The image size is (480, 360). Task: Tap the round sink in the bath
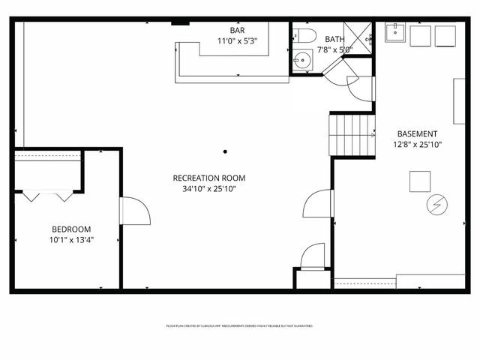(302, 60)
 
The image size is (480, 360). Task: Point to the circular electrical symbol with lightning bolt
(435, 204)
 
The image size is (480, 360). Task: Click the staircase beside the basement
(352, 134)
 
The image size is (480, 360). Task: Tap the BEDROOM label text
(71, 229)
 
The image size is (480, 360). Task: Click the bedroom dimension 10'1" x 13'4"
(71, 240)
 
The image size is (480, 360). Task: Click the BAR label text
(237, 30)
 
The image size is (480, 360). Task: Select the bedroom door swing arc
(135, 211)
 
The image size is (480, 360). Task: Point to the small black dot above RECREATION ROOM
(224, 151)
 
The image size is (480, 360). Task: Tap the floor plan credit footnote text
(239, 326)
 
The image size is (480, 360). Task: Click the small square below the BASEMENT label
(419, 181)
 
